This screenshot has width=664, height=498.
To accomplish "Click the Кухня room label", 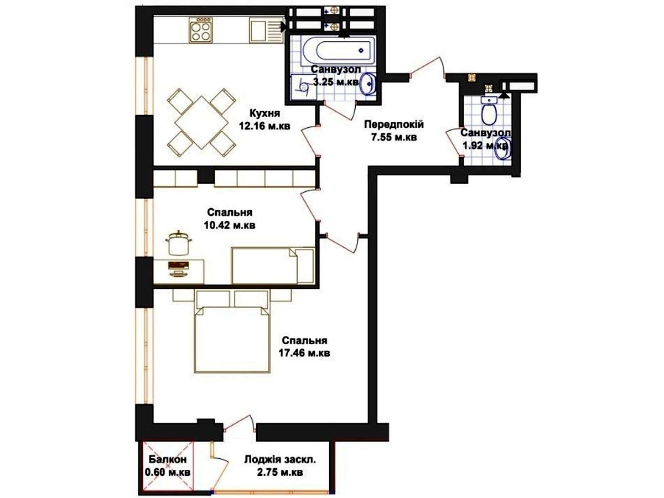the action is [264, 113].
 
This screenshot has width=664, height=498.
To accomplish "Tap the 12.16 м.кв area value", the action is [264, 126].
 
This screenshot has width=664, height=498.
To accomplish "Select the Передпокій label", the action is [394, 124].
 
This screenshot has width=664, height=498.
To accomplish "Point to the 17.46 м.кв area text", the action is [304, 353].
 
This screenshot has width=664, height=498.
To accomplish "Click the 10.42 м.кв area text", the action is [230, 225].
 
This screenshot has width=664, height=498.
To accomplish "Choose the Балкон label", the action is [168, 460].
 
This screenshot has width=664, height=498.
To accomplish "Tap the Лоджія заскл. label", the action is [280, 460].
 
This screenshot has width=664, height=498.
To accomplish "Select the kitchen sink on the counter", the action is [263, 30].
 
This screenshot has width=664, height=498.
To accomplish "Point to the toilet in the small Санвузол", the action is [489, 111].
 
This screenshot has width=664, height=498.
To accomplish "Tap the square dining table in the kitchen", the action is [201, 122].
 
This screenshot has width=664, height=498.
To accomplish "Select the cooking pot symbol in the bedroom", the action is [179, 243].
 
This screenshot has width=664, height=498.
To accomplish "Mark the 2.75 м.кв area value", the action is [280, 473].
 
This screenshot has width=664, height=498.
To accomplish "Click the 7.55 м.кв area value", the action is [394, 137].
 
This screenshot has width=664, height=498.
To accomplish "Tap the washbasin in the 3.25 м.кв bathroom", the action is [368, 84].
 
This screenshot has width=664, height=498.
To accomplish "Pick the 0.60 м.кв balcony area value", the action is [168, 473].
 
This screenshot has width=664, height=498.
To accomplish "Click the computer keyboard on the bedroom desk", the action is [179, 265].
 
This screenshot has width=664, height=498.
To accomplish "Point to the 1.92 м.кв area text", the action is [485, 146].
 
